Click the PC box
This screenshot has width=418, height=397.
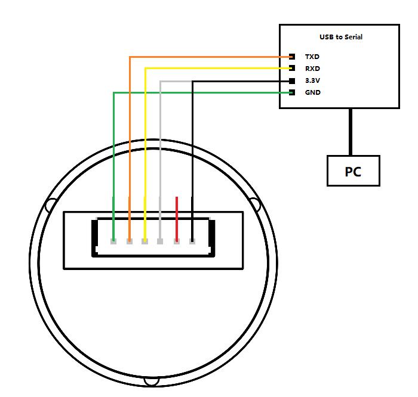[x=353, y=171]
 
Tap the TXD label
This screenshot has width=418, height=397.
[x=312, y=57]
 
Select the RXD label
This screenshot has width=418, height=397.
[x=312, y=69]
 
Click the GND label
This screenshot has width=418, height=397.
[x=312, y=92]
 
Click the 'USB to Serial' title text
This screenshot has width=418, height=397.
[x=340, y=37]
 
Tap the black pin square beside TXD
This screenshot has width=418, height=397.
[x=292, y=57]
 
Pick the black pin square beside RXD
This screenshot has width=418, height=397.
[x=292, y=69]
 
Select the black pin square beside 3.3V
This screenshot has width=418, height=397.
[x=292, y=80]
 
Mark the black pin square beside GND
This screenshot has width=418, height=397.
[x=292, y=92]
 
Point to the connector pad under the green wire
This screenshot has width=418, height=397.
[x=113, y=241]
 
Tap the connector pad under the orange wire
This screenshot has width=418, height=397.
[x=130, y=241]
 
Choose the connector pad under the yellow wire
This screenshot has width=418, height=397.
[x=145, y=241]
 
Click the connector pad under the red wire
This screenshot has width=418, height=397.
[x=177, y=241]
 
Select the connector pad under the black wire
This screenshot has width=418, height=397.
[x=192, y=241]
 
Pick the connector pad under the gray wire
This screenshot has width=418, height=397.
[x=160, y=241]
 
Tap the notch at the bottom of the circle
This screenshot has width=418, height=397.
[x=152, y=380]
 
